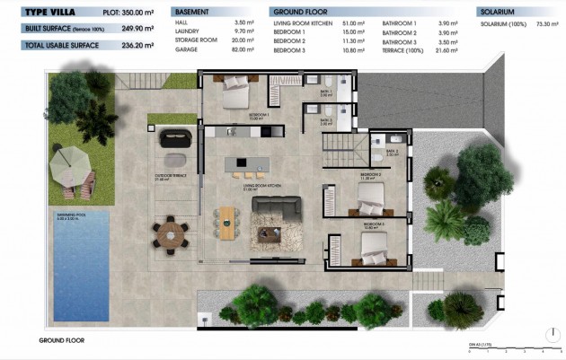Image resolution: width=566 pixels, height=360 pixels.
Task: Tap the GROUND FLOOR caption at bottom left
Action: click(x=61, y=341)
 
